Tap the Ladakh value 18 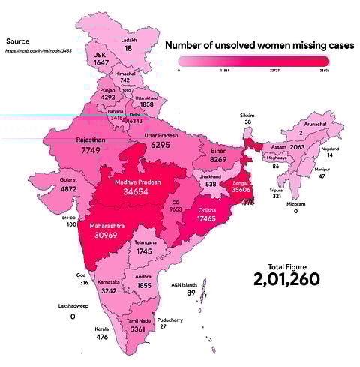coord(128,48)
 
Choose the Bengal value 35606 coord(241,190)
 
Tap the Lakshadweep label coord(72,306)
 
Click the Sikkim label coord(247,113)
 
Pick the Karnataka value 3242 coord(107,290)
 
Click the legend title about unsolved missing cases coord(259,47)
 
